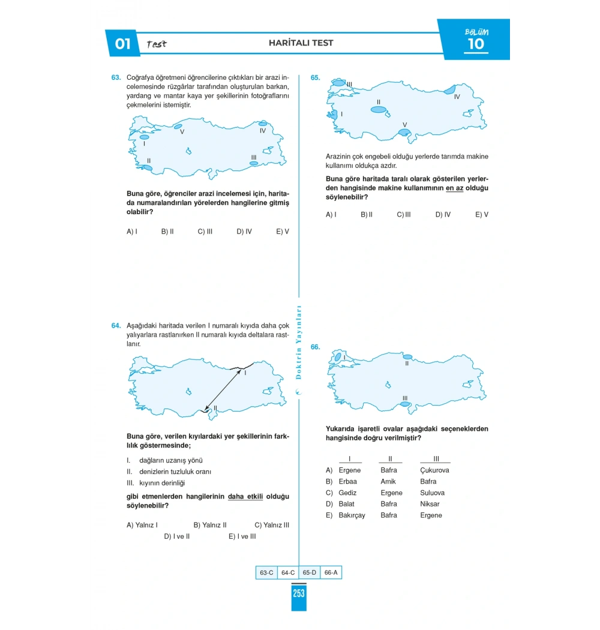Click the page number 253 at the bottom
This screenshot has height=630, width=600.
click(x=299, y=593)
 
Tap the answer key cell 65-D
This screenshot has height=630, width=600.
click(x=309, y=573)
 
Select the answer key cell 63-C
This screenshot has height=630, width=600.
click(x=266, y=573)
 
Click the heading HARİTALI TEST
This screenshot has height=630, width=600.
click(x=301, y=43)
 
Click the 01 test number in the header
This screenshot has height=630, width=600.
click(x=122, y=44)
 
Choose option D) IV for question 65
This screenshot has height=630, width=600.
click(x=443, y=214)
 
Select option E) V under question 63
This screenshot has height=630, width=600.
click(x=283, y=231)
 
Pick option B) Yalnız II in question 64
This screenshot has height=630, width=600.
click(x=210, y=525)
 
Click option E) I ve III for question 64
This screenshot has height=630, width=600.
click(x=242, y=536)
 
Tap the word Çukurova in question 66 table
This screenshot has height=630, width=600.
click(x=434, y=470)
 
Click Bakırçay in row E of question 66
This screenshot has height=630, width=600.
click(x=352, y=515)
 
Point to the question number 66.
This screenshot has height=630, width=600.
click(x=315, y=347)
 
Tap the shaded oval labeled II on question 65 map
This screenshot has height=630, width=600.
click(x=379, y=110)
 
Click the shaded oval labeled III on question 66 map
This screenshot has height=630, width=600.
click(x=406, y=404)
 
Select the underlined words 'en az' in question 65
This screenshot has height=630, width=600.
click(x=454, y=188)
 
